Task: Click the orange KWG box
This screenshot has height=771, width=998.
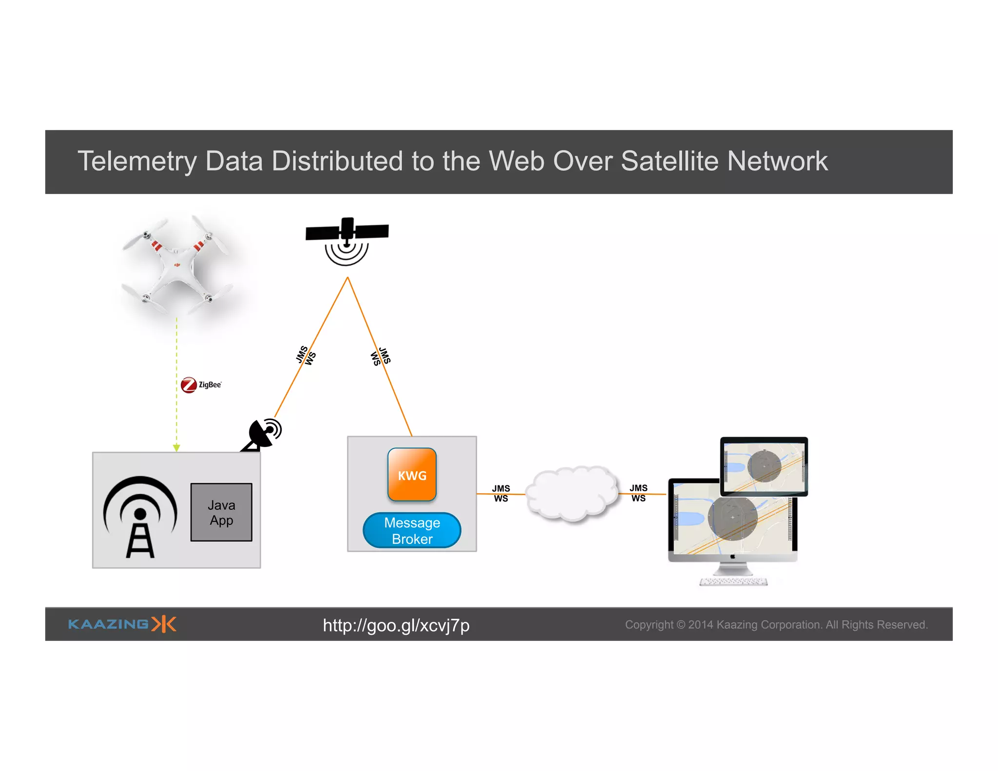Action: click(x=412, y=474)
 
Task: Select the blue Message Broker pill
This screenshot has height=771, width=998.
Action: click(x=412, y=530)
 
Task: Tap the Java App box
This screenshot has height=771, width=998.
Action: click(x=221, y=512)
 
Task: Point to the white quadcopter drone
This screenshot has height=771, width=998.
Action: click(x=177, y=266)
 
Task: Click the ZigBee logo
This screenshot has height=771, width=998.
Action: click(x=201, y=385)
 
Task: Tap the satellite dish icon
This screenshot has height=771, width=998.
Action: click(x=263, y=434)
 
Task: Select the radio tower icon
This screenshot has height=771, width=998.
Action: click(x=140, y=517)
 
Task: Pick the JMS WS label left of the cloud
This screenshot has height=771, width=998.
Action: click(x=501, y=493)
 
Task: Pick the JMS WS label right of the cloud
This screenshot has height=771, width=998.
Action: click(x=638, y=493)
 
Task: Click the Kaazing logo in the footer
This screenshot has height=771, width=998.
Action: click(x=122, y=624)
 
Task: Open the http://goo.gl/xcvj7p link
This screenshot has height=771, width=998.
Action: click(x=396, y=625)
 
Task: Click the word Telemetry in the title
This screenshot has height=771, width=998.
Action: click(x=137, y=161)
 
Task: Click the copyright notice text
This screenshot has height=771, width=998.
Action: click(x=776, y=625)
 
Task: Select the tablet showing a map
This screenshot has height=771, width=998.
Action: click(x=764, y=466)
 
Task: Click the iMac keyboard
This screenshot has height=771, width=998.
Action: click(x=733, y=581)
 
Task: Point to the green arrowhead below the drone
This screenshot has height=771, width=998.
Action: click(x=176, y=447)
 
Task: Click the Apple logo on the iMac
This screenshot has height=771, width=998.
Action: click(x=732, y=556)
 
